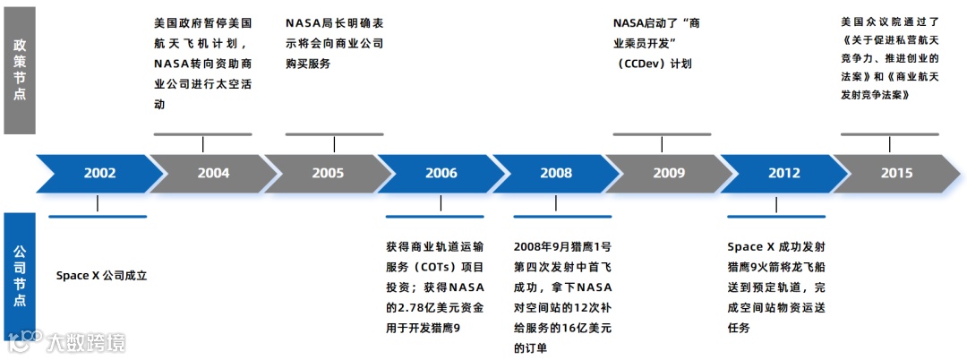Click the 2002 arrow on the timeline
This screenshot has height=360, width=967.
99,174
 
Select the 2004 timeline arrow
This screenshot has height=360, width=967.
213,174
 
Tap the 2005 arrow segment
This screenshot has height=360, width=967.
327,174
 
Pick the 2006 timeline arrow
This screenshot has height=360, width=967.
441,174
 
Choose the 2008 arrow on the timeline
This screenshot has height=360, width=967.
555,174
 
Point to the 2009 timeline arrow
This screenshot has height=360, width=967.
668,174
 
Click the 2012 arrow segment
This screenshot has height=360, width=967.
783,174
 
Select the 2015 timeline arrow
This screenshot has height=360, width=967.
896,174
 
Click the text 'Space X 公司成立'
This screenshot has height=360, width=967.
101,276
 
